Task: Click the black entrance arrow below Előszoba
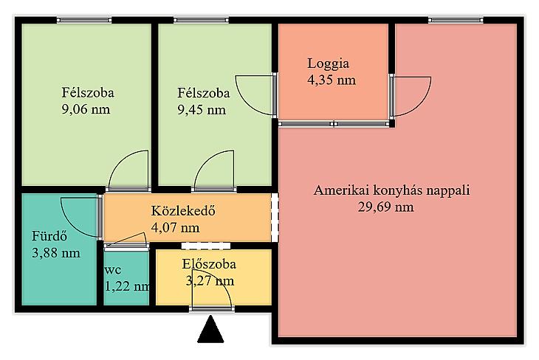tap(210, 330)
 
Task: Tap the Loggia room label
tap(328, 63)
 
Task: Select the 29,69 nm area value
tap(385, 207)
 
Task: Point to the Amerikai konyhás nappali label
tap(391, 190)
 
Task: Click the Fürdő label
tap(49, 236)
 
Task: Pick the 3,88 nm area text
tap(56, 253)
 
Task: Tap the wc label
tap(113, 270)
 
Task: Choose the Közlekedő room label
tap(183, 210)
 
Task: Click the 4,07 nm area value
tap(175, 227)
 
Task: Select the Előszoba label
tap(209, 264)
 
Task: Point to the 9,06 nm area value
tap(86, 109)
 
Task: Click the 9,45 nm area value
tap(202, 110)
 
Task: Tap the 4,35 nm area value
tap(332, 80)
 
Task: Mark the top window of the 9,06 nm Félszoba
tap(84, 20)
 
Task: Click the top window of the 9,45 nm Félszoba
tap(201, 20)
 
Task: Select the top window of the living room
tap(456, 20)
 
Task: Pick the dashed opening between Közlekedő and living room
tap(275, 218)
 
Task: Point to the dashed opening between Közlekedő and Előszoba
tap(206, 246)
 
